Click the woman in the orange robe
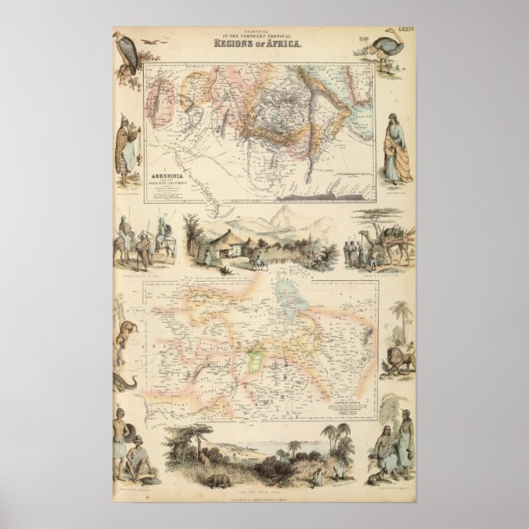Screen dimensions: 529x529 tap(398, 151)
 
